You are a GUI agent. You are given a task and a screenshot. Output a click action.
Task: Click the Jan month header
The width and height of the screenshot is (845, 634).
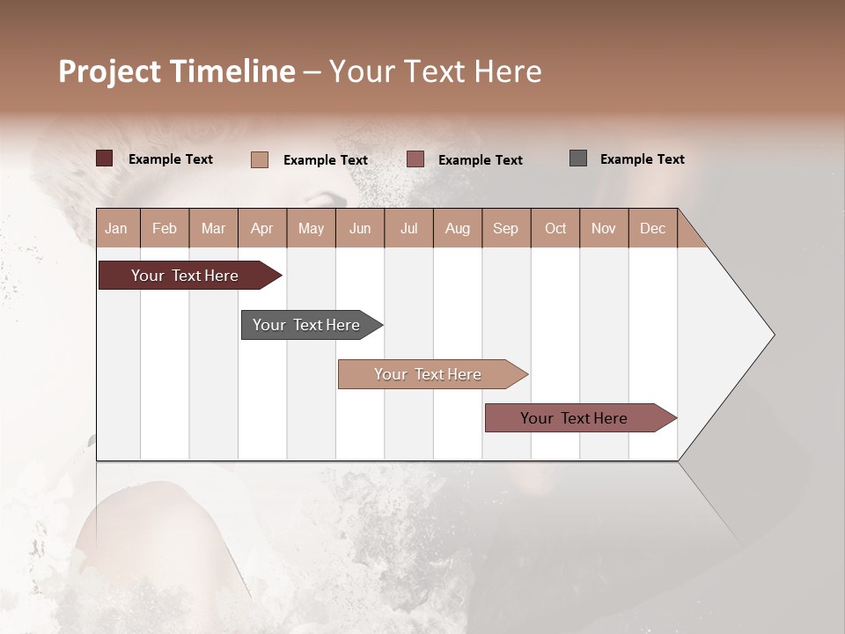click(x=116, y=228)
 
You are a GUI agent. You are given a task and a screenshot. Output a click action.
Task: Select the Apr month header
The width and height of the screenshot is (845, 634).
click(x=262, y=228)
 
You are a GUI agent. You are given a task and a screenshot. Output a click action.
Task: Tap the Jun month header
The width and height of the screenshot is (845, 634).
click(x=360, y=228)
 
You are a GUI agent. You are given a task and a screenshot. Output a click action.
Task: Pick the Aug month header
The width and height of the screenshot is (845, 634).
click(x=458, y=228)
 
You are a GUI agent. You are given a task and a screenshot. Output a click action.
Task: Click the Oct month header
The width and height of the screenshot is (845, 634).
click(x=555, y=228)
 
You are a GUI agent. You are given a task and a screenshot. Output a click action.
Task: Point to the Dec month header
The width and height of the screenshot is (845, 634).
click(x=652, y=228)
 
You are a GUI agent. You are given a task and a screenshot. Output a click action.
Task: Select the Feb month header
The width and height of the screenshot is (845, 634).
click(x=165, y=228)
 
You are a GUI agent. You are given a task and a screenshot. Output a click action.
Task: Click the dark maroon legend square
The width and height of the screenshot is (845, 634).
click(x=104, y=158)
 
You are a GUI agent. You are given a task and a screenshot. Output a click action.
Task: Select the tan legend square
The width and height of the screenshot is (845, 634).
click(x=260, y=159)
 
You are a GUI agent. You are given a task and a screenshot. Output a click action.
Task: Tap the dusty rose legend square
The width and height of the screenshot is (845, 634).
click(x=415, y=159)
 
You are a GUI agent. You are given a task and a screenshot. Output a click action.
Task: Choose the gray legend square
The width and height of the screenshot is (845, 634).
click(x=578, y=158)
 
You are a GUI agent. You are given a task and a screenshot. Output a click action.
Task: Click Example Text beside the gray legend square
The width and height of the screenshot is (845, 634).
click(x=642, y=159)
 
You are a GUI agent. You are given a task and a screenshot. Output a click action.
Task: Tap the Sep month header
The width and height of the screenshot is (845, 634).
click(x=506, y=228)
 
